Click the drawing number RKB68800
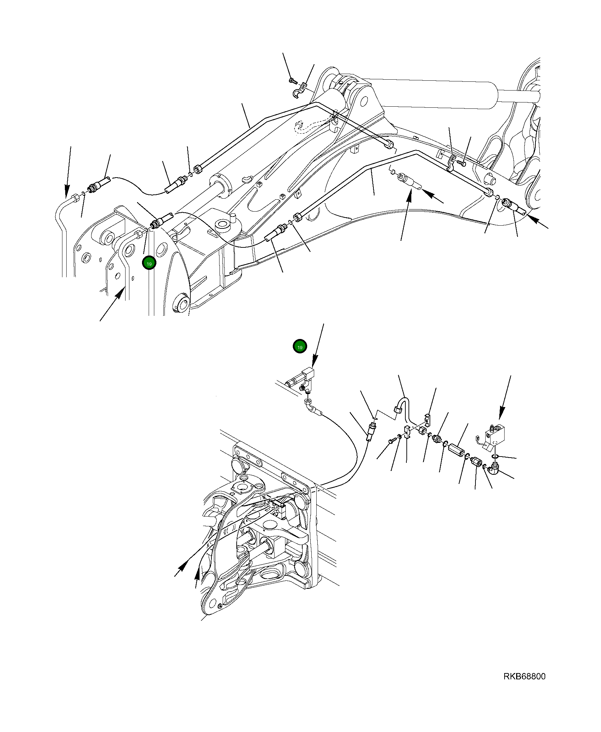[524, 686]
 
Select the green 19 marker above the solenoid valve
[300, 347]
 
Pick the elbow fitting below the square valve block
[493, 467]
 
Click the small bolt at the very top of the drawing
[293, 81]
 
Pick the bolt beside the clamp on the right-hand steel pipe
[462, 163]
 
